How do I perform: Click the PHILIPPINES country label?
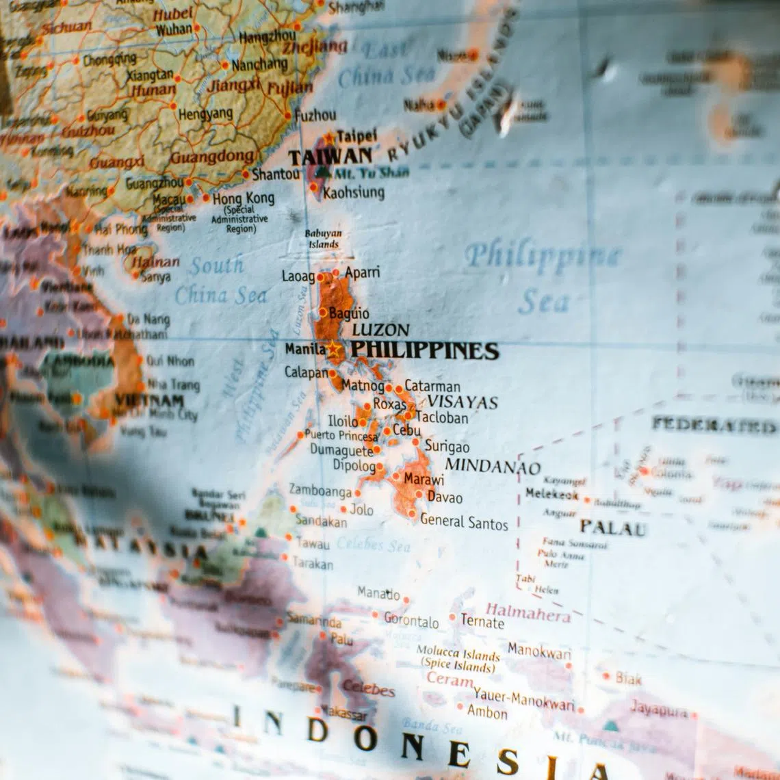[x=425, y=351]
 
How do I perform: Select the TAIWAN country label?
[x=330, y=157]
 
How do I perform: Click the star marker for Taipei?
[x=329, y=138]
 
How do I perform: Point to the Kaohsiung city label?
[x=354, y=192]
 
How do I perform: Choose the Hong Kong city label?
[x=243, y=198]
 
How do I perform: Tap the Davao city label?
[x=445, y=497]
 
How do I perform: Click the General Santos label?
[x=464, y=522]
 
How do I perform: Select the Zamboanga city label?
[x=320, y=490]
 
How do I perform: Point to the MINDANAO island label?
[x=493, y=466]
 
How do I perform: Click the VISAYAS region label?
[x=463, y=402]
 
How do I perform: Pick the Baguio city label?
[x=349, y=313]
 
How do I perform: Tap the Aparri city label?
[x=362, y=273]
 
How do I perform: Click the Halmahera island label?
[x=528, y=612]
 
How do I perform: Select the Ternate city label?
[x=482, y=621]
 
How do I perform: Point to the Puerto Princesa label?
[x=341, y=435]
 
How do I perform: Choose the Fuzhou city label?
[x=315, y=115]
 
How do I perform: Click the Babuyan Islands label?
[x=323, y=238]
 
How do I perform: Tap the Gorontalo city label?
[x=411, y=621]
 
